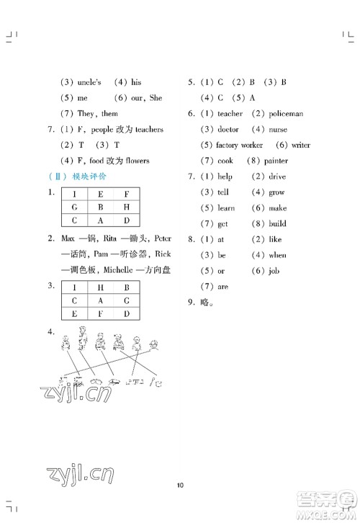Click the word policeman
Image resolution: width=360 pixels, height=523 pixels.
pyautogui.click(x=287, y=114)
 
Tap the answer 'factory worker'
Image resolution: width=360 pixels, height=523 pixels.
pyautogui.click(x=243, y=145)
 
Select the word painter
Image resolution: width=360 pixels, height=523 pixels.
pyautogui.click(x=276, y=161)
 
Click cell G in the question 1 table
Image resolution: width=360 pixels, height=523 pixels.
pyautogui.click(x=73, y=207)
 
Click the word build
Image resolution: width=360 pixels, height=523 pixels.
pyautogui.click(x=277, y=224)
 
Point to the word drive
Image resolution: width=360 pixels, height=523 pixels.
pyautogui.click(x=277, y=176)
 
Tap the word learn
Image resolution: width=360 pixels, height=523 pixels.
pyautogui.click(x=226, y=208)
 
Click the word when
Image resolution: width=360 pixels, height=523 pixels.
pyautogui.click(x=277, y=255)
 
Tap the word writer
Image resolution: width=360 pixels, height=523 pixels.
pyautogui.click(x=301, y=145)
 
